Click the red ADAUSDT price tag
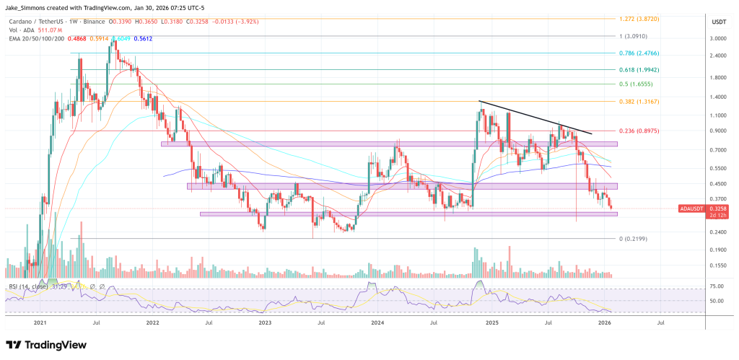click(692, 208)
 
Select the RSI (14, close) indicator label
click(29, 287)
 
